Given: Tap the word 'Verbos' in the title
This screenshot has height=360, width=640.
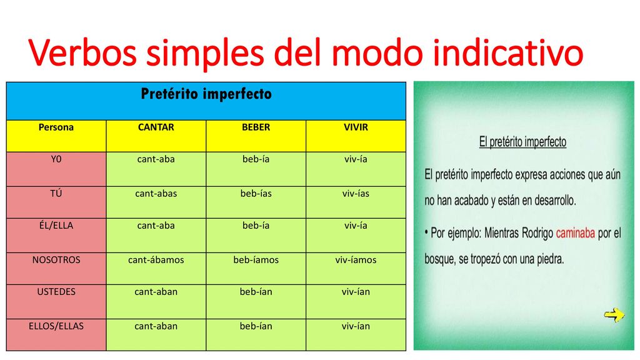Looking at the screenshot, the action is pyautogui.click(x=83, y=52).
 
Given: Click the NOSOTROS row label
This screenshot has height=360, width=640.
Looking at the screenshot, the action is pyautogui.click(x=56, y=260).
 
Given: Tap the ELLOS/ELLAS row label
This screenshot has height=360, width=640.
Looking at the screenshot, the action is pyautogui.click(x=56, y=326).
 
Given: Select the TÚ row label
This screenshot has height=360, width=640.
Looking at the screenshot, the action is pyautogui.click(x=56, y=193).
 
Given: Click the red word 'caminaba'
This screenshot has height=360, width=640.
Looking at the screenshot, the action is pyautogui.click(x=576, y=233).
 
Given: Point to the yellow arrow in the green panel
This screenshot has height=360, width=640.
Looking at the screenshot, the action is pyautogui.click(x=614, y=315).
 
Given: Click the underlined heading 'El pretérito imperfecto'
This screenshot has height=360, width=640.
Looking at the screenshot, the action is pyautogui.click(x=523, y=142).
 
